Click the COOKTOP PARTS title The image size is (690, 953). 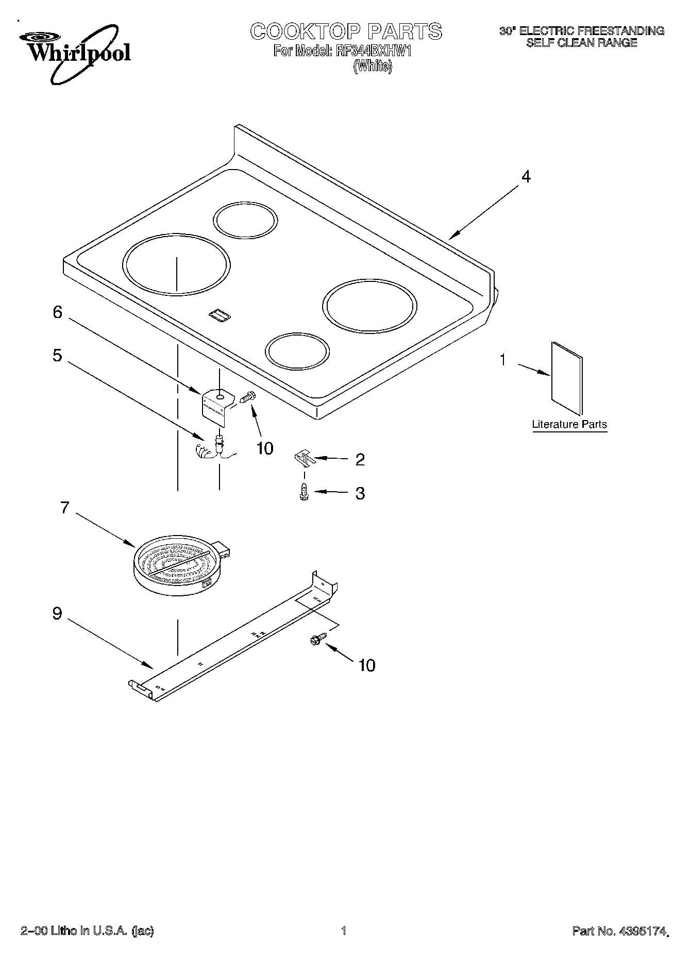pyautogui.click(x=346, y=31)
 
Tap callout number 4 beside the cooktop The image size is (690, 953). pyautogui.click(x=525, y=177)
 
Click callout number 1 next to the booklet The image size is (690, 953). pyautogui.click(x=503, y=360)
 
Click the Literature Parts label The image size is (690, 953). pyautogui.click(x=569, y=425)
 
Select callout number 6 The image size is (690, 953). pyautogui.click(x=58, y=312)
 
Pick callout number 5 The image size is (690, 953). pyautogui.click(x=58, y=356)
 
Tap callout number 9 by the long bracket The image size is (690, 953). pyautogui.click(x=58, y=613)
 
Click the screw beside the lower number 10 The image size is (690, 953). pyautogui.click(x=317, y=639)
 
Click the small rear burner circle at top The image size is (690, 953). pyautogui.click(x=245, y=220)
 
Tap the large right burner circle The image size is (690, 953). pyautogui.click(x=369, y=306)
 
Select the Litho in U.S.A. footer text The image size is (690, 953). pyautogui.click(x=87, y=931)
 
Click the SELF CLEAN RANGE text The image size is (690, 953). pyautogui.click(x=581, y=43)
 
